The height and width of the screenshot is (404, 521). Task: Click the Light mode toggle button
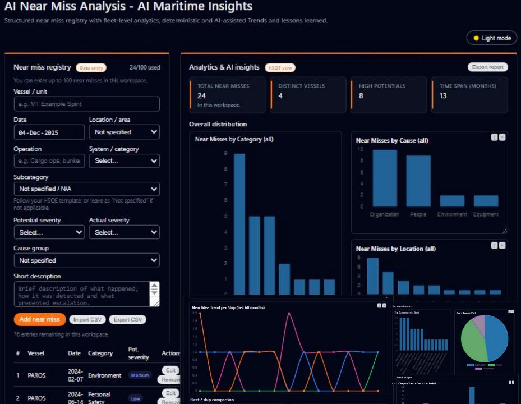coord(492,38)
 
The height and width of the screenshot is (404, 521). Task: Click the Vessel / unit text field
coord(86,104)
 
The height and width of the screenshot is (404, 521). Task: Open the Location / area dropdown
coord(124,132)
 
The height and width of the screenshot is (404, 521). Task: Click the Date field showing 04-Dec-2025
coord(49,132)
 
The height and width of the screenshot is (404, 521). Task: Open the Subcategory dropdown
coord(86,189)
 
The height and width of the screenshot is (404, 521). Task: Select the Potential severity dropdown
coord(49,232)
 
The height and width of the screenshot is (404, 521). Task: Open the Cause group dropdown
coord(86,260)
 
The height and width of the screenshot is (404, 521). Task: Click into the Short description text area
coord(82,294)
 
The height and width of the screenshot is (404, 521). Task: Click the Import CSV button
coord(87,320)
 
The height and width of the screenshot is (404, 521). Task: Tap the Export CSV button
coord(127,320)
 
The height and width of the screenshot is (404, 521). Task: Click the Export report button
coord(487,67)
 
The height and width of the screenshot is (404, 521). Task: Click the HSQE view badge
coord(280,68)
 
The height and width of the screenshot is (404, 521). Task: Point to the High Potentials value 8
coord(361,96)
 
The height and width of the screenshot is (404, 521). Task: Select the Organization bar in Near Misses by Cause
coord(385,178)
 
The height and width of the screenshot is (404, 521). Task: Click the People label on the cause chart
coord(418,214)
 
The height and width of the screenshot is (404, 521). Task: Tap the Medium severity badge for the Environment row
coord(140,375)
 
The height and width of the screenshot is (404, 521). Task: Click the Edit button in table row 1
coord(170,370)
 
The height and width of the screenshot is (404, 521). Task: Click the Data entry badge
coord(91,68)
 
